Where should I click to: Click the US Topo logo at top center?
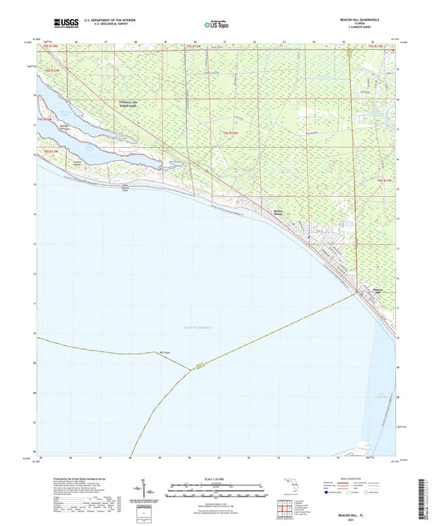click(x=211, y=25)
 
